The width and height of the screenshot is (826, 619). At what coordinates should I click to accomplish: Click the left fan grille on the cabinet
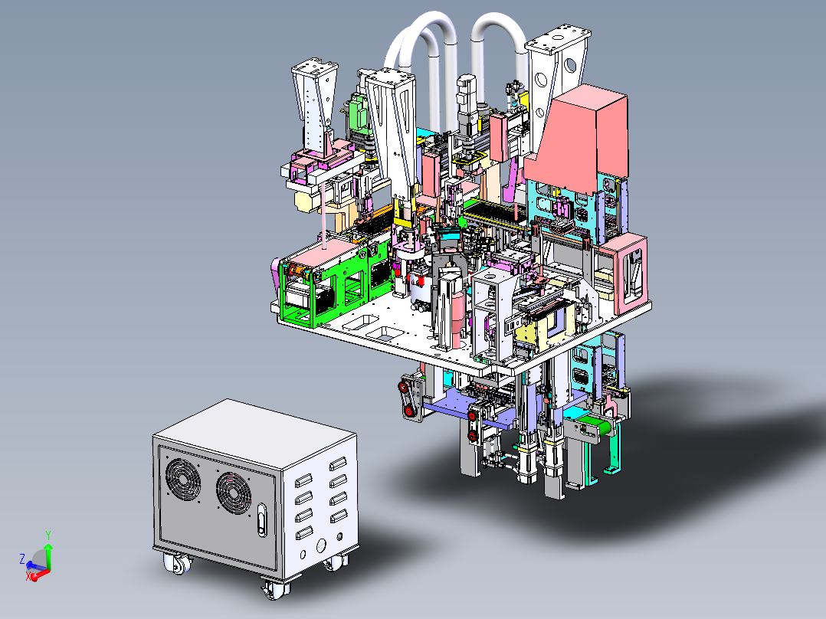(x=183, y=480)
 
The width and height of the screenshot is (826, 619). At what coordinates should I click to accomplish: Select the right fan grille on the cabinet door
(x=234, y=493)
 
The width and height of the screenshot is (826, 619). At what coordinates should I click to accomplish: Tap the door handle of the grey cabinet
(x=262, y=520)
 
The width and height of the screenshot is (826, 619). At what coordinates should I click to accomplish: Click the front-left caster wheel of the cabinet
(x=177, y=564)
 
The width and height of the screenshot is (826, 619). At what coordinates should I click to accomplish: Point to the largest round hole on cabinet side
(x=321, y=545)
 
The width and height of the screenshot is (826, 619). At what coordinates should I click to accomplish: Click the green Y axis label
(x=48, y=535)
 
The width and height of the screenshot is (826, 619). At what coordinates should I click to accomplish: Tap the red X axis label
(x=28, y=577)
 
